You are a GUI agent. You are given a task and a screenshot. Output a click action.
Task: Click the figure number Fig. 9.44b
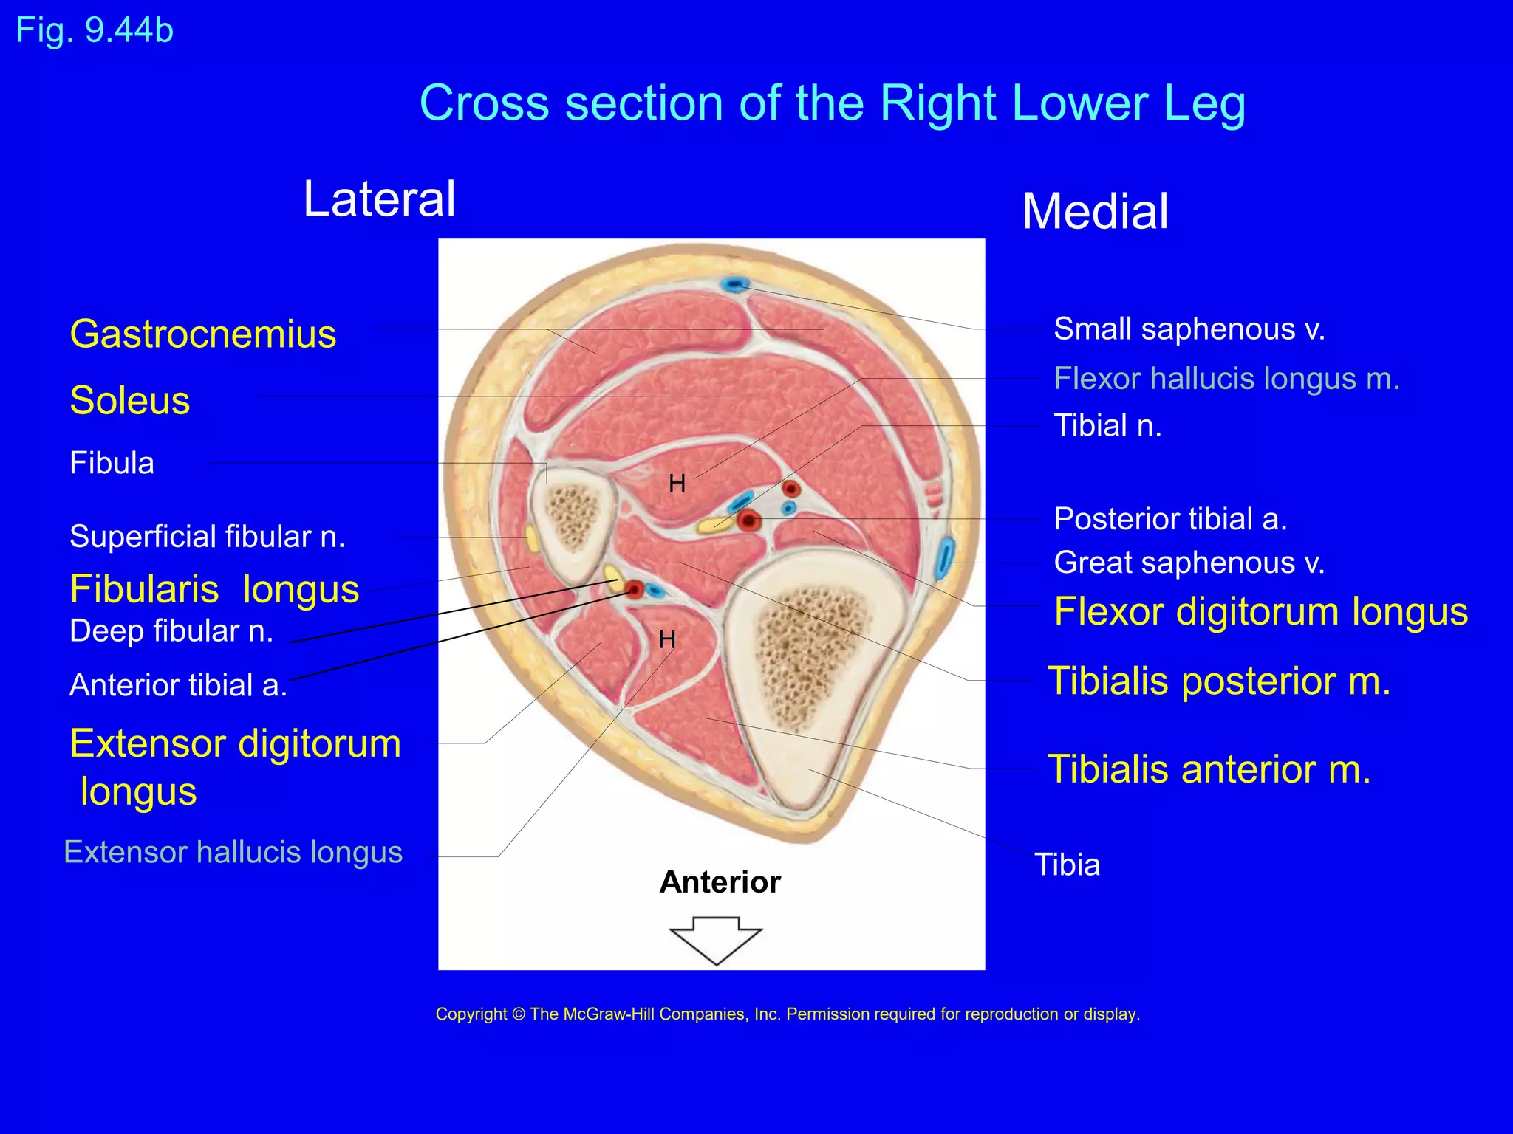(x=95, y=31)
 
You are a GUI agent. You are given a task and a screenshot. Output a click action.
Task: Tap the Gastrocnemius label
(x=203, y=334)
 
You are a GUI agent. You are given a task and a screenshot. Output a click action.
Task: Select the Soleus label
(x=130, y=401)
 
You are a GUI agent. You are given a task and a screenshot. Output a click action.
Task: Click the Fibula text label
(x=112, y=464)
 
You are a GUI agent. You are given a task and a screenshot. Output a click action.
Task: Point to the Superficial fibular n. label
(x=208, y=537)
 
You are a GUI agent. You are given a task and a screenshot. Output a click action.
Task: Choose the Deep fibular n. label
(x=171, y=631)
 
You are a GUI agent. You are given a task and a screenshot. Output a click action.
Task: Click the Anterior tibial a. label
(x=178, y=685)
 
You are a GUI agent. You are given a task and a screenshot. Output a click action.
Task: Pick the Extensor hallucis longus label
(x=233, y=852)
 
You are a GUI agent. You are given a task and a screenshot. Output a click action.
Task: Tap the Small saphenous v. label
(x=1189, y=329)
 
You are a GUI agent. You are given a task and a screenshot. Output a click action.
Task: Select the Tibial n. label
(x=1107, y=426)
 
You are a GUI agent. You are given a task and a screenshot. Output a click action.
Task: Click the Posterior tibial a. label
(x=1170, y=519)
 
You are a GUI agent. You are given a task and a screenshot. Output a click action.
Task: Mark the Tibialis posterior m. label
(x=1219, y=681)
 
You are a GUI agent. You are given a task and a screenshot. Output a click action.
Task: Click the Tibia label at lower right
(x=1067, y=865)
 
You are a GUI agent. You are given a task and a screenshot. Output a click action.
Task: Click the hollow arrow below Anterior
(x=715, y=939)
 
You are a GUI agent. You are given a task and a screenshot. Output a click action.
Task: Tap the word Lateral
(x=380, y=199)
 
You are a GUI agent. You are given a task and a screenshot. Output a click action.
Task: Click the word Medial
(x=1095, y=212)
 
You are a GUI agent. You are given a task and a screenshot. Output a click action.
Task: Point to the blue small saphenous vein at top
(x=735, y=284)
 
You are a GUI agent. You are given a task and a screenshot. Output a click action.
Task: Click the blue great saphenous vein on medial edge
(x=944, y=559)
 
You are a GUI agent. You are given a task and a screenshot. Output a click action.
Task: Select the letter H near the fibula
(x=677, y=484)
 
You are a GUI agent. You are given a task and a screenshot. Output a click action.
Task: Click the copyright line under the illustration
(x=788, y=1014)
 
